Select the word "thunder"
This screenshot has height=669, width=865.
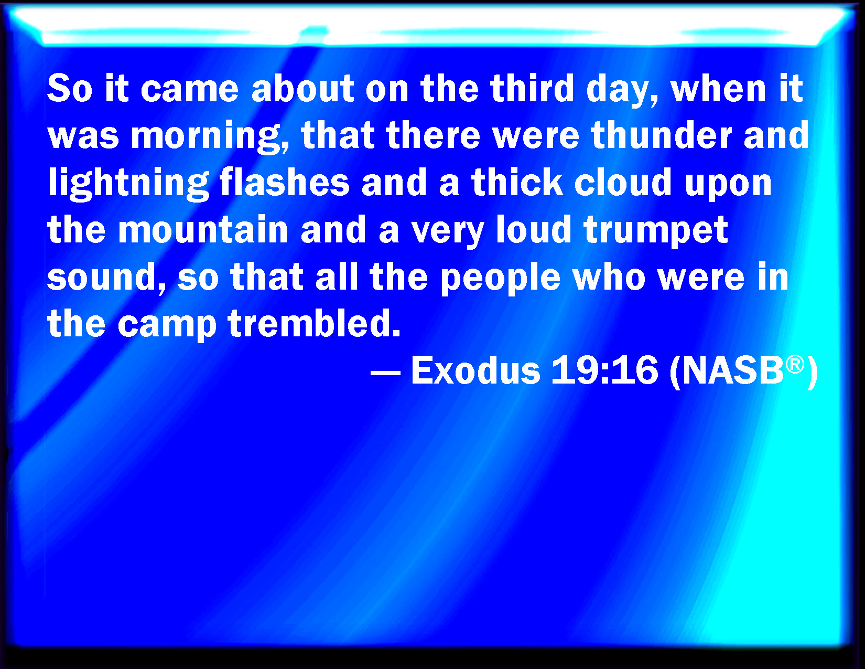click(x=661, y=135)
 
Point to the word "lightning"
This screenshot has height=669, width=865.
click(x=128, y=183)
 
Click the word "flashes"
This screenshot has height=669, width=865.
click(x=284, y=182)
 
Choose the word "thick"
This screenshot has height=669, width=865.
click(x=517, y=182)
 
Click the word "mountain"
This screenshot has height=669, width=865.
click(x=203, y=229)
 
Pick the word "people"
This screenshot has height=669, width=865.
click(x=500, y=279)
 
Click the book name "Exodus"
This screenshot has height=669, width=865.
click(x=475, y=370)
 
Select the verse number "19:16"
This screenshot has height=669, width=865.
click(x=604, y=370)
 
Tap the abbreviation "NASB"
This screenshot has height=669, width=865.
click(x=733, y=370)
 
